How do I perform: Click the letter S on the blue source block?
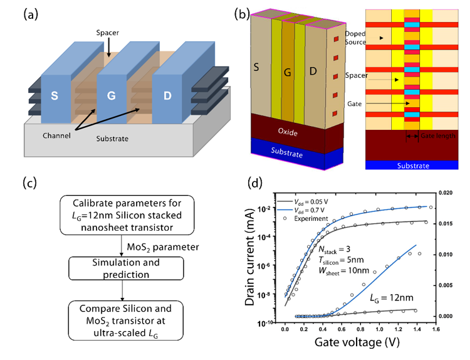click(55, 96)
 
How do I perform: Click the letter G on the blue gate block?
click(111, 96)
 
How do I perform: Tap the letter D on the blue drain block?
click(167, 96)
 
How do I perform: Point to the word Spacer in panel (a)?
click(108, 33)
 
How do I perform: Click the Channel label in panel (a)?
click(56, 135)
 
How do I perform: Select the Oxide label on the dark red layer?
click(288, 132)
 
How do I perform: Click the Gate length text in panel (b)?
click(438, 136)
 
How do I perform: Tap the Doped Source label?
click(355, 38)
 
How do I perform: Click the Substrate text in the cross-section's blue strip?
click(413, 166)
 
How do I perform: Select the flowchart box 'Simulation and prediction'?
click(126, 268)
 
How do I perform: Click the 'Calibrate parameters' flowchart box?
click(127, 215)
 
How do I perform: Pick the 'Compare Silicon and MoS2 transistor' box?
click(125, 320)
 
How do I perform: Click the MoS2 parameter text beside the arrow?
click(163, 247)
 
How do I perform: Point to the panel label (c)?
click(30, 183)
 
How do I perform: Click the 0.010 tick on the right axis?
click(446, 255)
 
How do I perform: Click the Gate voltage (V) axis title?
click(357, 342)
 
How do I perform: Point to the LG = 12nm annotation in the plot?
click(392, 298)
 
